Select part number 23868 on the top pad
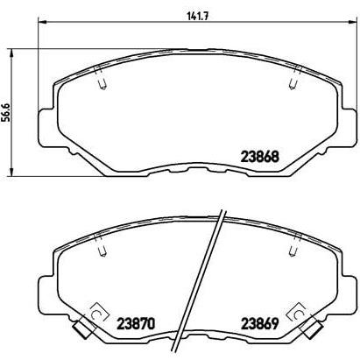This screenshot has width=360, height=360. point(260,157)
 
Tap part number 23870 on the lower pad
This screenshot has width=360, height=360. point(135,324)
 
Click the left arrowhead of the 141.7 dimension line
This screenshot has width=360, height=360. point(43,21)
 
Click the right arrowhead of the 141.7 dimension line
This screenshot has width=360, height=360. point(352,21)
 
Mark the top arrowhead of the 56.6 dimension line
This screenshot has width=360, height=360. point(11,53)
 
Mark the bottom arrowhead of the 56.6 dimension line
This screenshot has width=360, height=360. point(11,172)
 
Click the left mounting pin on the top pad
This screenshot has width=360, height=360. point(101,78)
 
